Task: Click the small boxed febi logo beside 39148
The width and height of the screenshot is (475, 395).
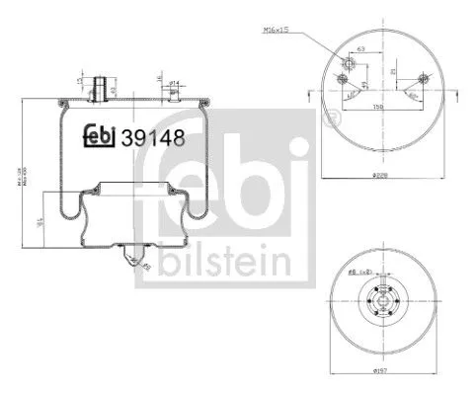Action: click(x=99, y=134)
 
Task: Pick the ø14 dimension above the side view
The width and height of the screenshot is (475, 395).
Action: click(x=172, y=82)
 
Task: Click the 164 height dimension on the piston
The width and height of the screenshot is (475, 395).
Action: click(x=40, y=225)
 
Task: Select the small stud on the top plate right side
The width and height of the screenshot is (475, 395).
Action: click(x=172, y=94)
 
